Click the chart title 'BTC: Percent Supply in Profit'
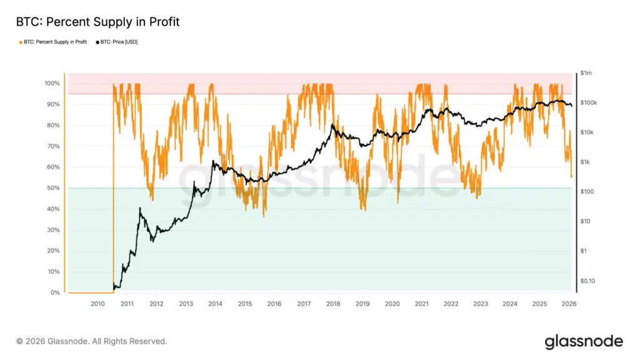(x=97, y=22)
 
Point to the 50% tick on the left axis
(x=52, y=188)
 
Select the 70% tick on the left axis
(x=52, y=146)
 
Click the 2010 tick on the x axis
(x=97, y=304)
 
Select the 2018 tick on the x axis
(x=332, y=304)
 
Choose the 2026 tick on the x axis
(x=569, y=304)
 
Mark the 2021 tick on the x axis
(x=421, y=304)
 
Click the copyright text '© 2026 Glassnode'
(x=91, y=341)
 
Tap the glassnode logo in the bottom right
(x=583, y=341)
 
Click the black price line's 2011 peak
(x=140, y=208)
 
